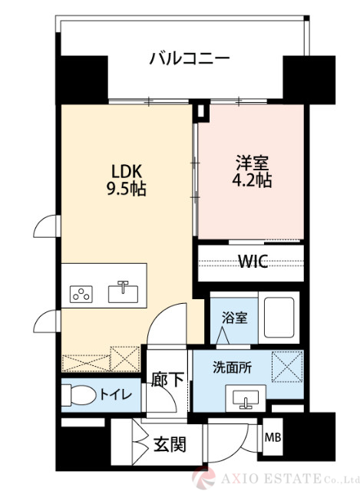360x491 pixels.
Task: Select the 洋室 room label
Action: pyautogui.click(x=253, y=163)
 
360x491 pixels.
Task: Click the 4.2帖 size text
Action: pyautogui.click(x=253, y=181)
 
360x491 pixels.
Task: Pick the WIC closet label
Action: pyautogui.click(x=252, y=262)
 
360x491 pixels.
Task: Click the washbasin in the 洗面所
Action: pyautogui.click(x=246, y=397)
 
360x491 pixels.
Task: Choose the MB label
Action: pyautogui.click(x=272, y=438)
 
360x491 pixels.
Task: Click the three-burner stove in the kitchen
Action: pyautogui.click(x=81, y=293)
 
